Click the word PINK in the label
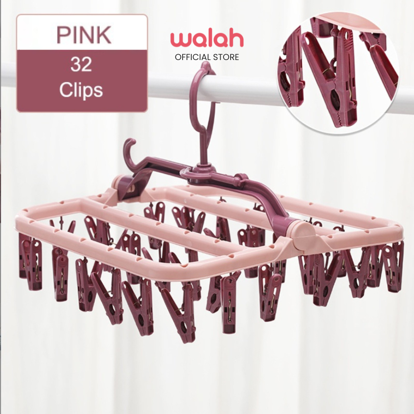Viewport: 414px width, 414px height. coord(84,35)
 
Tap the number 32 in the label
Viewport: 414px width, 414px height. coord(81,65)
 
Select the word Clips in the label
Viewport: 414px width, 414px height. coord(81,90)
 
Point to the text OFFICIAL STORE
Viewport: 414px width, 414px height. coord(207,57)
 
